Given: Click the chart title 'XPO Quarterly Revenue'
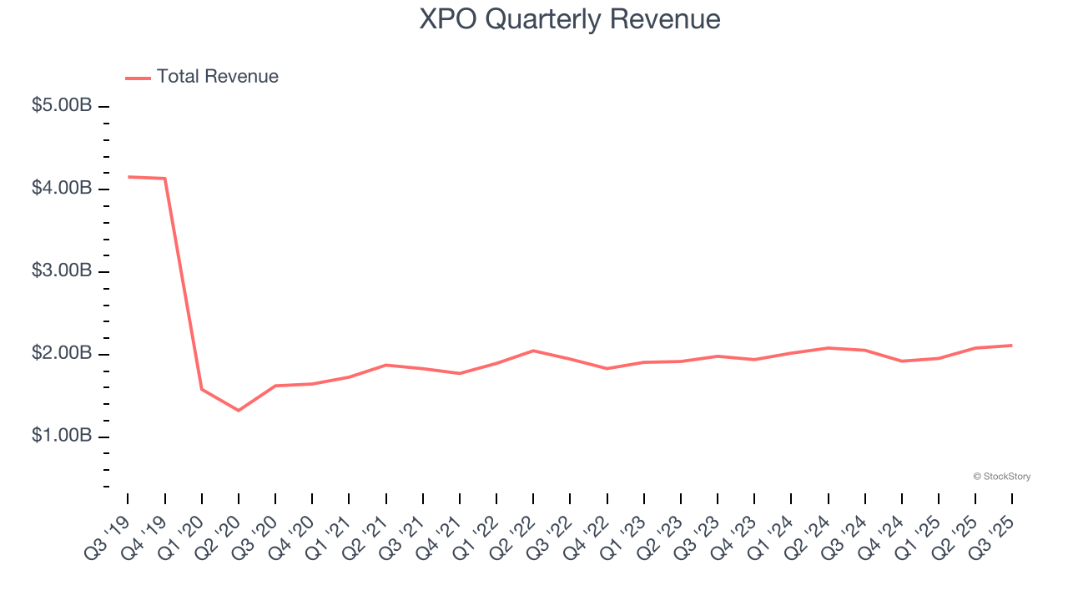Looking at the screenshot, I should click(x=569, y=18).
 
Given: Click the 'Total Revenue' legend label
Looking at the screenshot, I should click(x=217, y=77).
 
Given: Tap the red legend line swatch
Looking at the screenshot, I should click(x=138, y=78).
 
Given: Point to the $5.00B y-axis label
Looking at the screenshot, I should click(x=62, y=107).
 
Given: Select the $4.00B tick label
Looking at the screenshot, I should click(x=62, y=189).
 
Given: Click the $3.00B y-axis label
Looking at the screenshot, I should click(x=62, y=272).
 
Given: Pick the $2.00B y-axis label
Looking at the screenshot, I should click(x=62, y=355).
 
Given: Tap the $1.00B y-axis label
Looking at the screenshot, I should click(x=62, y=437).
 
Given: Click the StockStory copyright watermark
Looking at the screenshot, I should click(x=1001, y=477).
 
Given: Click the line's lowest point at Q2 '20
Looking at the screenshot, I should click(x=239, y=411).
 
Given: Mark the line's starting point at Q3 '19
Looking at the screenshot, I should click(x=128, y=177).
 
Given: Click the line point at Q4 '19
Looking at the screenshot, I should click(x=164, y=179).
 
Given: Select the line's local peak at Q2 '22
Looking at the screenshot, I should click(x=533, y=351).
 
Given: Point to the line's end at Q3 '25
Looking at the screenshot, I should click(x=1012, y=346).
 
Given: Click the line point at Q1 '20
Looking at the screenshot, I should click(x=202, y=389).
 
